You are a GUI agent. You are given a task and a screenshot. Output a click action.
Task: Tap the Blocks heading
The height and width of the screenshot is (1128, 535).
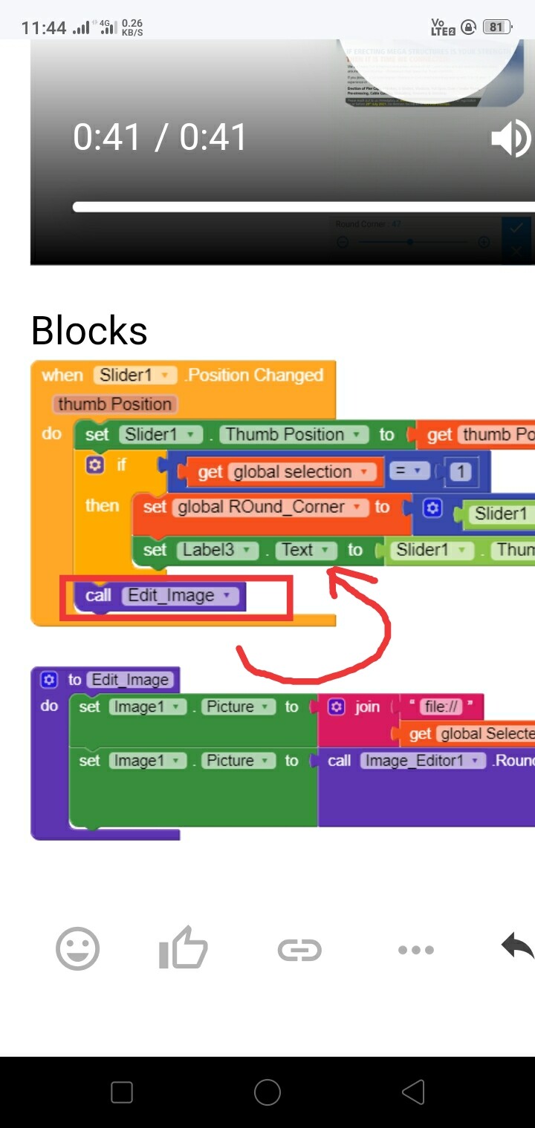pos(89,331)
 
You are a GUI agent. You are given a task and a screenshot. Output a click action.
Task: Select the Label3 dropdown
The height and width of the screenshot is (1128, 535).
pos(217,550)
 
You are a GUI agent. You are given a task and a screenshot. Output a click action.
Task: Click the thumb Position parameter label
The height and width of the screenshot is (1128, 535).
pos(114,404)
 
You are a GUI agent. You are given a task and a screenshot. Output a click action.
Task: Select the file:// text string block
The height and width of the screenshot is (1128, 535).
pos(441,706)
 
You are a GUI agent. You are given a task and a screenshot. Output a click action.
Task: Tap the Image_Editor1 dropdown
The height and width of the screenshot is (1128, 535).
pos(421,761)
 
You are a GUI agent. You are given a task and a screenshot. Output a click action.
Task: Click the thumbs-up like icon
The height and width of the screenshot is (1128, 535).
pos(183,948)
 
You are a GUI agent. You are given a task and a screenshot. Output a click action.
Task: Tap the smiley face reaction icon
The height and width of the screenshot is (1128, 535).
pos(77,948)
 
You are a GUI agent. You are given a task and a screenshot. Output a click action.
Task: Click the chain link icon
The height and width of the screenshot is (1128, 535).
pos(299,949)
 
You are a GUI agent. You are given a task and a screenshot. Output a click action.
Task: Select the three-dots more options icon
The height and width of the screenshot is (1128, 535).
pos(415,949)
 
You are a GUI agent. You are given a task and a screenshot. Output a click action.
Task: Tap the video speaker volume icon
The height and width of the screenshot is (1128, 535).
pos(511,139)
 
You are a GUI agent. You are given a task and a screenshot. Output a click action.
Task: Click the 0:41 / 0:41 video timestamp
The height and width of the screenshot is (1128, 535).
pos(160,138)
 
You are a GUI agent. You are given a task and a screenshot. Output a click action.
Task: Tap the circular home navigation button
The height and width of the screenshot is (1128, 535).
pos(267,1092)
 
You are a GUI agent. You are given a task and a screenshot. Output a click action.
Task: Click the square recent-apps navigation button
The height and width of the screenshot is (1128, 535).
pos(121,1092)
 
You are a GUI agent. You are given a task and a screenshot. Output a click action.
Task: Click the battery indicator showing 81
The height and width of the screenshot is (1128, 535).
pos(496,27)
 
